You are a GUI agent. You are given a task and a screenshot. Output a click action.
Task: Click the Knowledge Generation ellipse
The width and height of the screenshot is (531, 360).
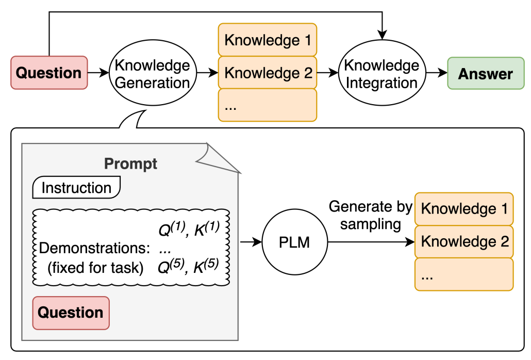(153, 73)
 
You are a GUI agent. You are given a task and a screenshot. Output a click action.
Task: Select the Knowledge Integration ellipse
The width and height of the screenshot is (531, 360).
(382, 73)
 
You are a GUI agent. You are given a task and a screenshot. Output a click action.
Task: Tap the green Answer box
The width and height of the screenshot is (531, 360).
(486, 73)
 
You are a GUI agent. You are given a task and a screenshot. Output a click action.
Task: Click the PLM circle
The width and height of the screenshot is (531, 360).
(294, 242)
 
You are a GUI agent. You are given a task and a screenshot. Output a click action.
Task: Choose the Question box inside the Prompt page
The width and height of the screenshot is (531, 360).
(71, 313)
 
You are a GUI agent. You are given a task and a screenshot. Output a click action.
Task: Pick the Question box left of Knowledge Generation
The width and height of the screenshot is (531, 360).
(49, 73)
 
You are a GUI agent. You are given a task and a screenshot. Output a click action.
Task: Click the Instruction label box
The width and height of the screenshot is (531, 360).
(76, 187)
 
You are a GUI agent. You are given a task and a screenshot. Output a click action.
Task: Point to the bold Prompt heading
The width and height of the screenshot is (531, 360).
(130, 163)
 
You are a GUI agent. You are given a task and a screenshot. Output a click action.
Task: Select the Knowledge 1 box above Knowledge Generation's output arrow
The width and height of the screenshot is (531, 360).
(268, 40)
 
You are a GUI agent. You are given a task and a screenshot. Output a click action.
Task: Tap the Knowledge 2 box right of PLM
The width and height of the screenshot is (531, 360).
(464, 242)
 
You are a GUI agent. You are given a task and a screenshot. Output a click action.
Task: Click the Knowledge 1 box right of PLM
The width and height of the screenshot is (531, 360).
(464, 209)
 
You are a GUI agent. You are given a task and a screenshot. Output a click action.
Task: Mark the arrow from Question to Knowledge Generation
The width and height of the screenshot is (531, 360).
(98, 73)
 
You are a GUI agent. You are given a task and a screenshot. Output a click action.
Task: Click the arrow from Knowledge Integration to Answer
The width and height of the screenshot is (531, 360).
(437, 73)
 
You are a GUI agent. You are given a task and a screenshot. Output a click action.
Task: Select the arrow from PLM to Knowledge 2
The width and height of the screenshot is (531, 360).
(371, 242)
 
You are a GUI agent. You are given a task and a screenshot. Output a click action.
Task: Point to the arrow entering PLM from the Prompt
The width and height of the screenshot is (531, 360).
(251, 242)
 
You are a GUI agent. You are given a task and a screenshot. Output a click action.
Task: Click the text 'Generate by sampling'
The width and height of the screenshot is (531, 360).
(371, 216)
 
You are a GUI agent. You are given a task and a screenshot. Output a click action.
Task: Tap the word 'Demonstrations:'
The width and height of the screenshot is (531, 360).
(94, 248)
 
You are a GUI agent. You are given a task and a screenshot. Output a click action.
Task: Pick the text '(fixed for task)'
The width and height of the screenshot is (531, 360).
(95, 268)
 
